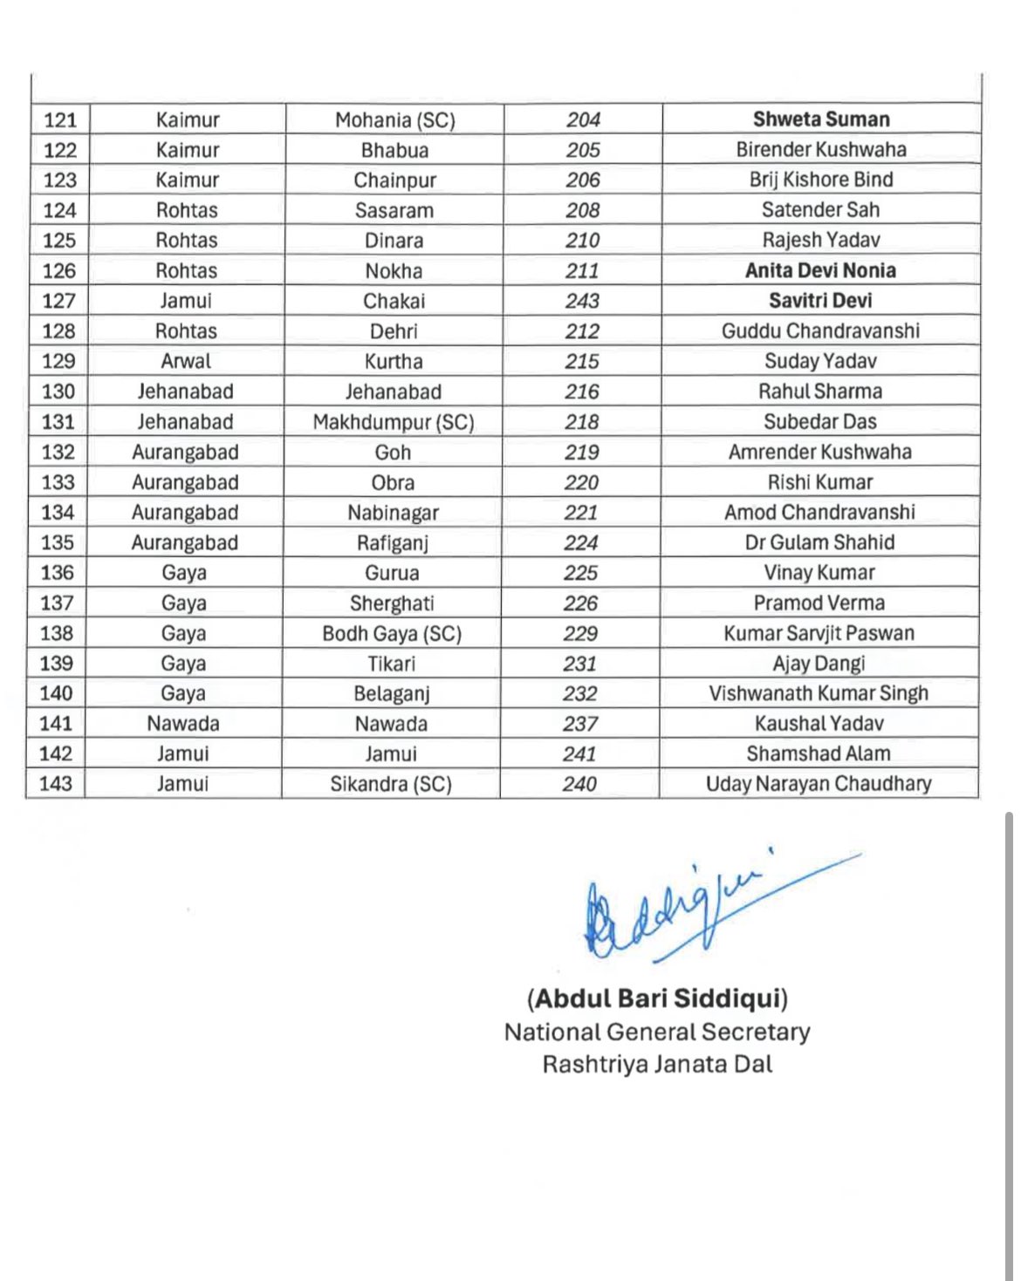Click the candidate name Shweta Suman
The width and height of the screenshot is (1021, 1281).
(820, 119)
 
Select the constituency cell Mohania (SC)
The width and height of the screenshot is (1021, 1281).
(394, 120)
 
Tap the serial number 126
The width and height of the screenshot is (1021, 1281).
(59, 271)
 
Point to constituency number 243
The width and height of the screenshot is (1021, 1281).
(582, 301)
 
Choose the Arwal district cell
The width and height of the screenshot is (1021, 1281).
(186, 361)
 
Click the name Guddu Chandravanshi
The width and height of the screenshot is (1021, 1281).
(820, 331)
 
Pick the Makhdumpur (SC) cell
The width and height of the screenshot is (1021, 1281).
(394, 422)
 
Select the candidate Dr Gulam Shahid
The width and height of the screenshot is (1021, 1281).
(819, 542)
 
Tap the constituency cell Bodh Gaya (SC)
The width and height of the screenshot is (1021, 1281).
(392, 634)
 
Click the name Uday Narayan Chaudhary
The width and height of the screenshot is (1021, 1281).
(819, 784)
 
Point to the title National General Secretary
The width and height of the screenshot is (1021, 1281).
(657, 1032)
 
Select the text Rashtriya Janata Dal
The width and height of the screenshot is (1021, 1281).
(657, 1065)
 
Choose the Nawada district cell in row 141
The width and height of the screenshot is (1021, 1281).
(183, 724)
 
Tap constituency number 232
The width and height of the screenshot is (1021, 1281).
(580, 694)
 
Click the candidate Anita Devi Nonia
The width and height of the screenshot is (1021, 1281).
(820, 270)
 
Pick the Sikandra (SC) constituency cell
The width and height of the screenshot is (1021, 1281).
(391, 784)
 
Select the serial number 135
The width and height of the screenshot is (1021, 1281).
(58, 542)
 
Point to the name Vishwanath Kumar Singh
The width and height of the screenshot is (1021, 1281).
(819, 694)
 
